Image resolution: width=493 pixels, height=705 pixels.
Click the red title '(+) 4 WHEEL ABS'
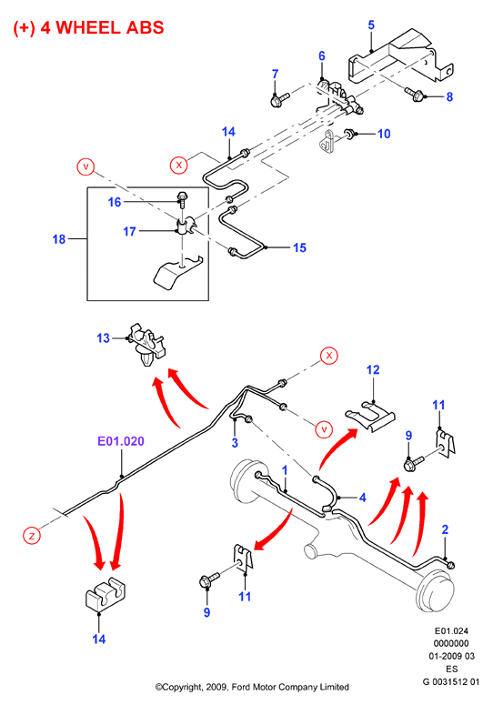coord(88,28)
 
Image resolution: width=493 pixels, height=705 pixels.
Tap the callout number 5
coord(371,25)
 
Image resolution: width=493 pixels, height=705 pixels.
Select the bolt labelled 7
coord(279,99)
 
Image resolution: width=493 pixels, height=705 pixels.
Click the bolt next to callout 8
coord(415,94)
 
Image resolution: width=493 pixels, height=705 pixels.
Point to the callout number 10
coord(384,134)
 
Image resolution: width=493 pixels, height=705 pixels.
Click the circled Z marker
coord(32,536)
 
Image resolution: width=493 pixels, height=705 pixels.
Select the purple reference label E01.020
coord(121,440)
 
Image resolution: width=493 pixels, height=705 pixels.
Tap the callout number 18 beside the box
coord(59,238)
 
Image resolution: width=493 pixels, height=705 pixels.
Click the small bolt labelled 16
coord(183,198)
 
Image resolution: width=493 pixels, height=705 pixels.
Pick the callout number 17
coord(129,231)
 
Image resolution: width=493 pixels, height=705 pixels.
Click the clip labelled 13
coord(147,344)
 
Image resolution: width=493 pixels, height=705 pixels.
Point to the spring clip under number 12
coord(370,417)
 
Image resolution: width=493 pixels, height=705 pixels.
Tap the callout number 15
coord(299,247)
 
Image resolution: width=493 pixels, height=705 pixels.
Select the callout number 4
coord(362,498)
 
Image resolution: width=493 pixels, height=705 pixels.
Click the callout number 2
coord(445,529)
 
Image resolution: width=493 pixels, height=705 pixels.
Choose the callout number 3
coord(235,442)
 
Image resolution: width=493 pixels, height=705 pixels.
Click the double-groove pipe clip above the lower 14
coord(106,596)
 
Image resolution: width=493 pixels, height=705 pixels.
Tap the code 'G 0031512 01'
coord(451,681)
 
